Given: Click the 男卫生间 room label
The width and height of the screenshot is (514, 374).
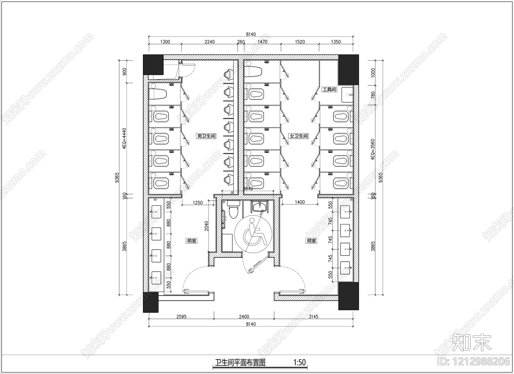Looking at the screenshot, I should (x=206, y=136).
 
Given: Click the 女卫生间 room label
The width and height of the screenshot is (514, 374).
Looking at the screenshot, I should (x=299, y=136).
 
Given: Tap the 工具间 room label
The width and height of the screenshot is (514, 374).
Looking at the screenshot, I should (x=329, y=90).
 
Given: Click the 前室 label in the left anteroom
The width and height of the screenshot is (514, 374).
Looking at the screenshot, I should (x=191, y=240).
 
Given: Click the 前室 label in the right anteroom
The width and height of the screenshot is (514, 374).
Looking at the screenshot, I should (x=311, y=240).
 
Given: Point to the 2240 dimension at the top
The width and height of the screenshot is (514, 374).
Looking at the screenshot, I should (x=209, y=42).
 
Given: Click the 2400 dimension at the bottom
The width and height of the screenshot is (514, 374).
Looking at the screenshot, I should (x=244, y=317).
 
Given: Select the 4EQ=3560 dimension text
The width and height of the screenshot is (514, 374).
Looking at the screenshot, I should (x=373, y=149).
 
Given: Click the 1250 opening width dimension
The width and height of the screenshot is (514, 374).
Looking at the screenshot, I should (x=198, y=203).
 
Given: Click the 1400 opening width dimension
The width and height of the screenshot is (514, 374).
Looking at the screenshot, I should (x=299, y=203).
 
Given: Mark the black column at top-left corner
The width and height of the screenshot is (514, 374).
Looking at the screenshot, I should (x=153, y=65).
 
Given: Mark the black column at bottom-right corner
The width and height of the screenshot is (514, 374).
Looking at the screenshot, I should (x=349, y=296).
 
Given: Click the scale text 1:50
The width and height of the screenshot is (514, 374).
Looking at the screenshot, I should (x=299, y=363).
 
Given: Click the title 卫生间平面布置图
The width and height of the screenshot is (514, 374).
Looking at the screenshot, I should (x=240, y=363).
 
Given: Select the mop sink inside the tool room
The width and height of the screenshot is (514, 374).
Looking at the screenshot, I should (x=347, y=93).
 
